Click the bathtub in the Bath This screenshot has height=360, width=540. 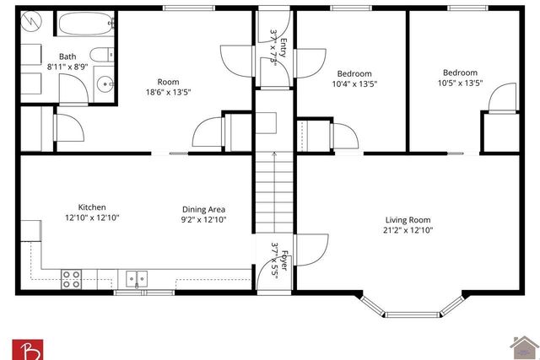pyautogui.click(x=86, y=24)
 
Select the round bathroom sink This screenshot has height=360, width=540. pyautogui.click(x=104, y=83)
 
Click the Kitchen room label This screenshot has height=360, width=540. pyautogui.click(x=92, y=207)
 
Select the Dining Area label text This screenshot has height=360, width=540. pyautogui.click(x=204, y=209)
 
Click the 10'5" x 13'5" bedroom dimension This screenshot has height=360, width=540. pyautogui.click(x=460, y=83)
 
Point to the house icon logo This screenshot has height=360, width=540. pyautogui.click(x=523, y=347)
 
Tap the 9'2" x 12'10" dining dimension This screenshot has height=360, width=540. pyautogui.click(x=204, y=220)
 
